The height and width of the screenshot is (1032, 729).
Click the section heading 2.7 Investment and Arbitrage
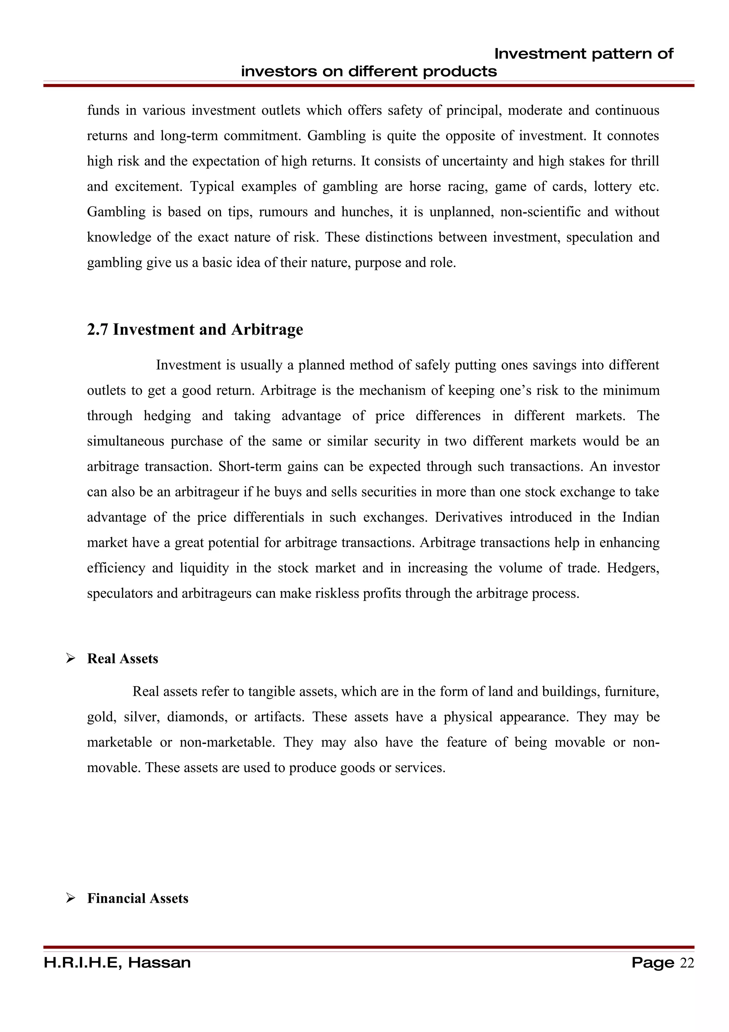coord(195,329)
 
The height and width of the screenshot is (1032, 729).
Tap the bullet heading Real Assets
coord(122,658)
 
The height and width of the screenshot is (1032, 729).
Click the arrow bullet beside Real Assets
coord(70,658)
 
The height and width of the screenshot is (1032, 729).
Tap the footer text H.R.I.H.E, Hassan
coord(117,963)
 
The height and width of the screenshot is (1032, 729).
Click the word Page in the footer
coord(652,963)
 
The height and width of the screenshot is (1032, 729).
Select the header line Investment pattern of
coord(583,54)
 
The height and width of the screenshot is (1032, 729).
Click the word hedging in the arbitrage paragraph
coord(167,416)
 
